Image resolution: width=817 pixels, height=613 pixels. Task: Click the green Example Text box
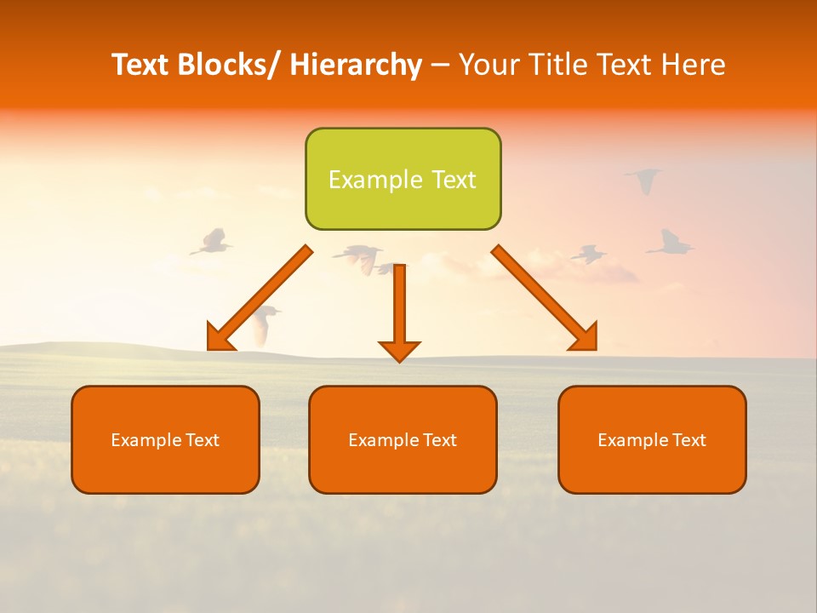[403, 179]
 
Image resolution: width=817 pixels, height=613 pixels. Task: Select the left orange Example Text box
[165, 439]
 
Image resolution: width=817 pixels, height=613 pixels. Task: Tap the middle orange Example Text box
[403, 439]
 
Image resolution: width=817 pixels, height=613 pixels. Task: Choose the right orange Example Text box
[652, 439]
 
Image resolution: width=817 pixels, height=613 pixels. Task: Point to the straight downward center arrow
[399, 306]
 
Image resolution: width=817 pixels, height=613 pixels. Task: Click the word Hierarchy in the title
[356, 65]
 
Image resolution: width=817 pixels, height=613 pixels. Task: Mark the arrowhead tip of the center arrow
[399, 360]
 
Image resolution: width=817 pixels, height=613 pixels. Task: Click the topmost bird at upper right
[644, 179]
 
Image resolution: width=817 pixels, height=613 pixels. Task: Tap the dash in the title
[440, 65]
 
